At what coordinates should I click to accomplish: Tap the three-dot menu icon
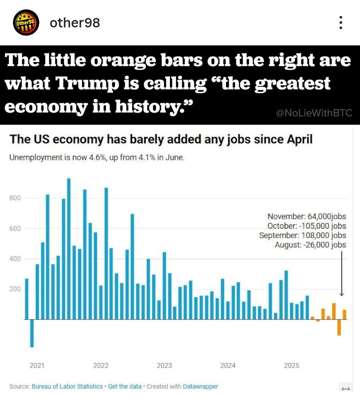click(x=341, y=23)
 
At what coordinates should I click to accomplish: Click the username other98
click(x=75, y=23)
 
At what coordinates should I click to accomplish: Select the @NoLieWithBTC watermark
click(x=314, y=113)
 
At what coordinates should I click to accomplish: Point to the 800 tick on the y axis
click(x=15, y=198)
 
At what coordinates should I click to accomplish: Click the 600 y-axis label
click(x=15, y=229)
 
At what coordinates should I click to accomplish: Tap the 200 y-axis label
click(x=15, y=289)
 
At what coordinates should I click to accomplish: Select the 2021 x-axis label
click(x=37, y=366)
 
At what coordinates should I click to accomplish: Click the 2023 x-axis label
click(x=164, y=366)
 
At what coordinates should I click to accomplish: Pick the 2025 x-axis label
click(x=292, y=366)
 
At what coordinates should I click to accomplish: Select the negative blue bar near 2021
click(x=32, y=333)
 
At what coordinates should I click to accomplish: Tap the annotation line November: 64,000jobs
click(x=307, y=217)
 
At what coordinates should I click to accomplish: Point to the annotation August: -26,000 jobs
click(x=310, y=245)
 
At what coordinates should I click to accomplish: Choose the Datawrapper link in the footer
click(x=200, y=386)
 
